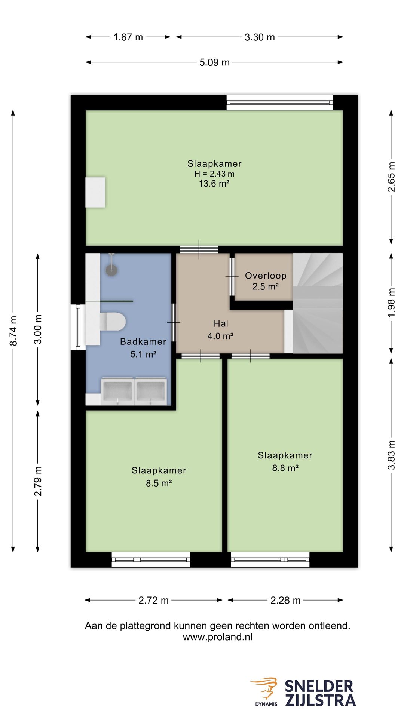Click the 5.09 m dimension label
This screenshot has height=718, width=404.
pos(214,62)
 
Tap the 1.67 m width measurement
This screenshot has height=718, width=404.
pos(128,37)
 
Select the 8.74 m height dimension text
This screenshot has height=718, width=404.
pos(13,331)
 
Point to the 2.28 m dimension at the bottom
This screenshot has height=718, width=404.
pos(285,600)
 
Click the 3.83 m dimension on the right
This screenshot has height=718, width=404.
pos(391,455)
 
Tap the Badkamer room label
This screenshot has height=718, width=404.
pos(143,342)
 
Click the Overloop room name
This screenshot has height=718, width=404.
pos(266,276)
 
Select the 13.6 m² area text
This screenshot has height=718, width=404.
pos(214,184)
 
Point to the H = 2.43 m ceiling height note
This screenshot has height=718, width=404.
pos(214,174)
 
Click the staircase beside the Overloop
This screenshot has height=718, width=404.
pos(318,303)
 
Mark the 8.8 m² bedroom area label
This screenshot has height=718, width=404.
pos(285,468)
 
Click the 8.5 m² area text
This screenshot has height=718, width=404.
pos(159,483)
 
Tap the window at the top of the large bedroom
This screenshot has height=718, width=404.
pos(279,102)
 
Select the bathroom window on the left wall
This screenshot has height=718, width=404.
pos(78,327)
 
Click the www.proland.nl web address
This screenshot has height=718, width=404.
pos(217,637)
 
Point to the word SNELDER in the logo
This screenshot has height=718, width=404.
pos(319,686)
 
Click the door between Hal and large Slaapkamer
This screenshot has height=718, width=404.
pos(199,249)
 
